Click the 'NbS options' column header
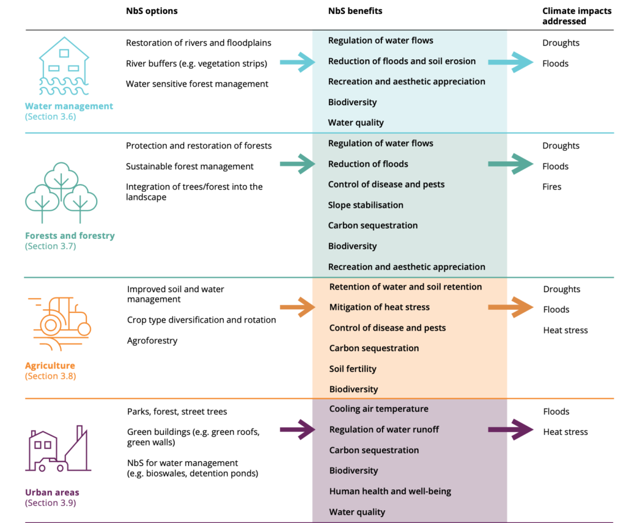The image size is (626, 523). click(x=152, y=11)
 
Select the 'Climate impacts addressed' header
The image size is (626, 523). click(x=577, y=16)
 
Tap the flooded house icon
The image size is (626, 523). click(x=64, y=66)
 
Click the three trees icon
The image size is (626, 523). click(x=61, y=192)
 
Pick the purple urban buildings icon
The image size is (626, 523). click(x=58, y=449)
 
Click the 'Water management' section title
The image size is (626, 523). click(x=69, y=106)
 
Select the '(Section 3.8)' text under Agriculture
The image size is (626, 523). click(x=50, y=376)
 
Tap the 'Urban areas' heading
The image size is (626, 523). click(x=53, y=492)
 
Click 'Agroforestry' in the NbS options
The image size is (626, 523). click(x=152, y=341)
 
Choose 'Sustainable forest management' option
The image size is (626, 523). click(x=190, y=166)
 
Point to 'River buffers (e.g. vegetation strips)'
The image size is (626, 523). click(x=196, y=64)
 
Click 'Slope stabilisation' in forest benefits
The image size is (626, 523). click(x=366, y=205)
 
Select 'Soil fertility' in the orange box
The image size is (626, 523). click(x=353, y=368)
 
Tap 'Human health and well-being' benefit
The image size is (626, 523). click(x=390, y=491)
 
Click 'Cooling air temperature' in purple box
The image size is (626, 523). click(x=379, y=409)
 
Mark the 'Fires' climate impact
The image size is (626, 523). click(x=552, y=187)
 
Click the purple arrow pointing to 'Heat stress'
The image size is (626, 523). click(x=510, y=430)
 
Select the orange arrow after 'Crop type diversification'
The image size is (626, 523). click(x=298, y=307)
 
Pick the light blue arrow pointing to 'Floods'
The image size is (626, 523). click(x=510, y=62)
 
